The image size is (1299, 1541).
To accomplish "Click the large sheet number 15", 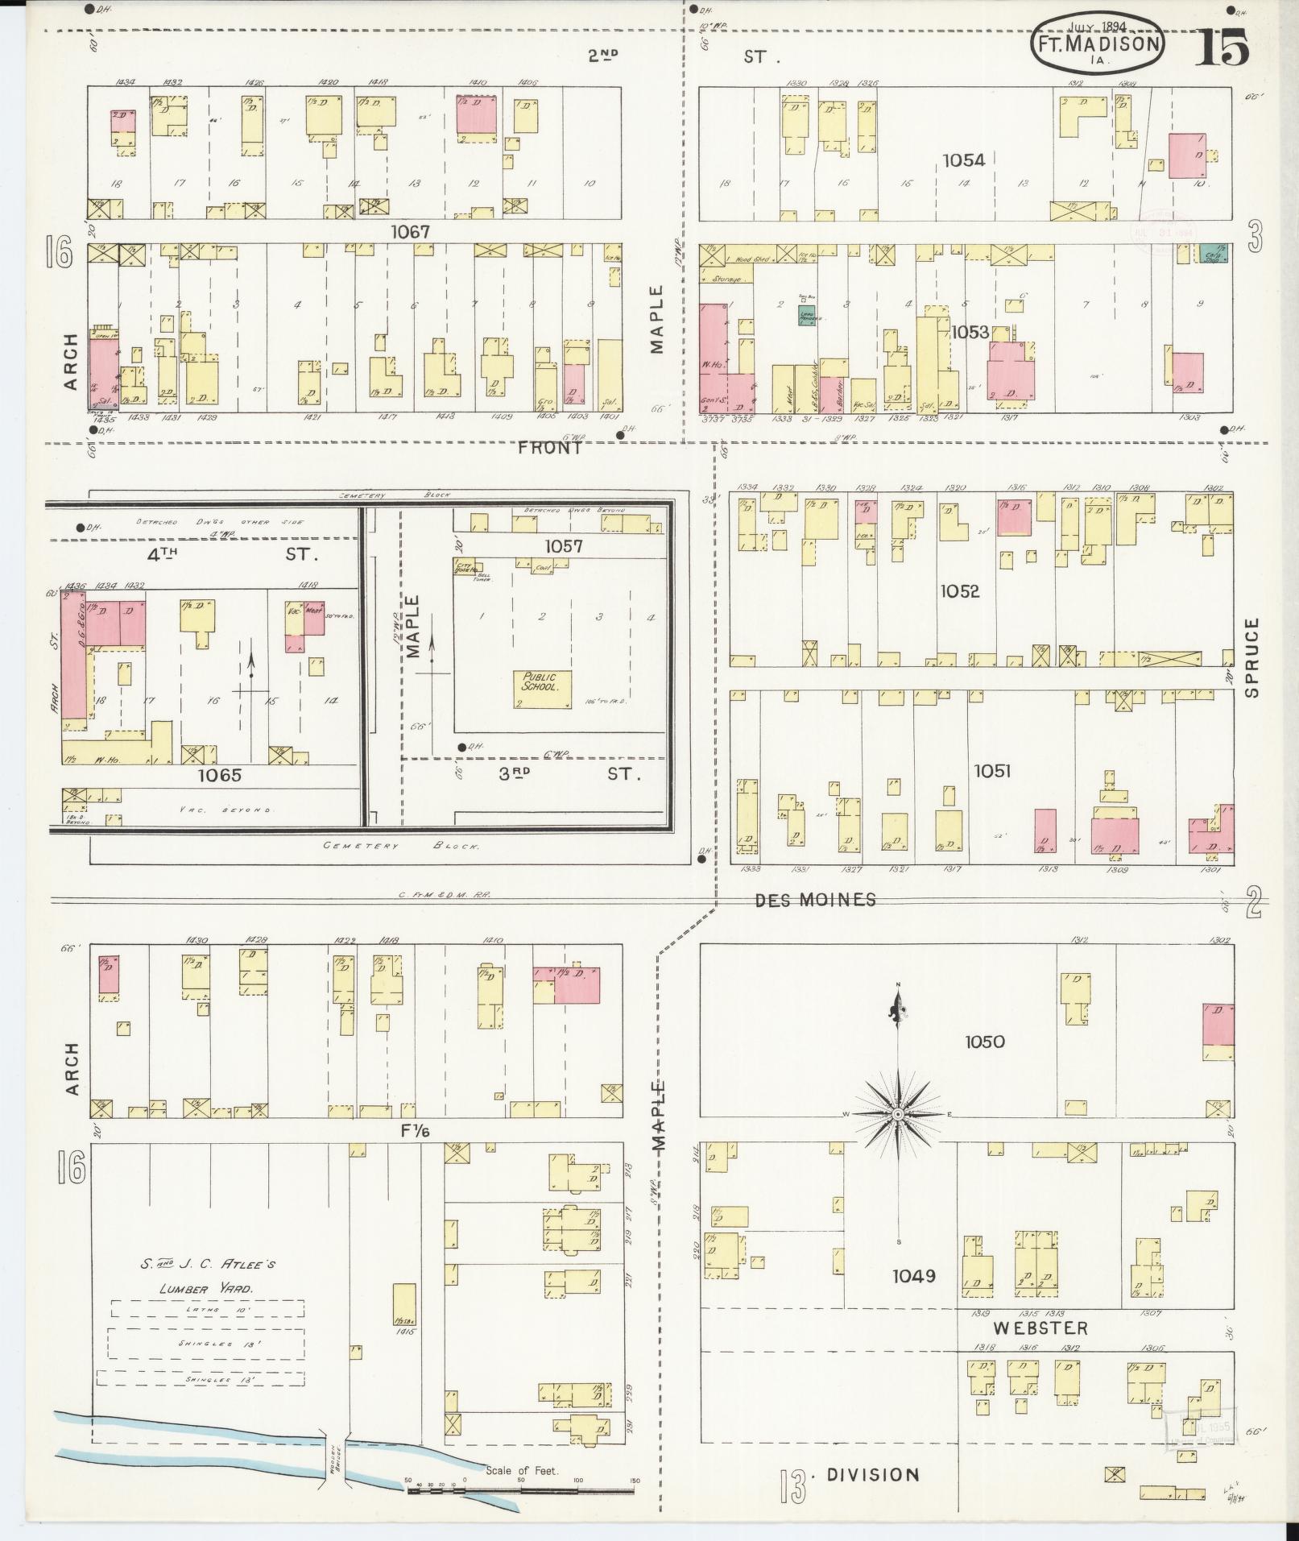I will point(1222,48).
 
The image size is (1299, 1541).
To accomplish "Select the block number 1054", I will point(963,160).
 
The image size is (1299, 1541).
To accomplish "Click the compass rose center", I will point(897,1113).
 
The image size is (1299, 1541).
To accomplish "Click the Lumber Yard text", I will point(206,1288).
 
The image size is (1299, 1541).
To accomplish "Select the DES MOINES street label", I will point(815,900).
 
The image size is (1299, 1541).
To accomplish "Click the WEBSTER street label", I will point(1040,1328).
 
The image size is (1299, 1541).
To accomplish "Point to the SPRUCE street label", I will point(1250,657).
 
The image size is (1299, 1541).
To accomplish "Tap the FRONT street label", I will point(550,448).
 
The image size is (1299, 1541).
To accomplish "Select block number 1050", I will point(984,1042).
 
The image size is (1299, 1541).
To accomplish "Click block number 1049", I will point(913,1276).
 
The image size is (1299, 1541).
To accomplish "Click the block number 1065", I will point(220,776).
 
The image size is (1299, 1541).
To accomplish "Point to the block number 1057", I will point(563,546).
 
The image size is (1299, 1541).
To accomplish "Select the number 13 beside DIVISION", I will point(792,1487).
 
